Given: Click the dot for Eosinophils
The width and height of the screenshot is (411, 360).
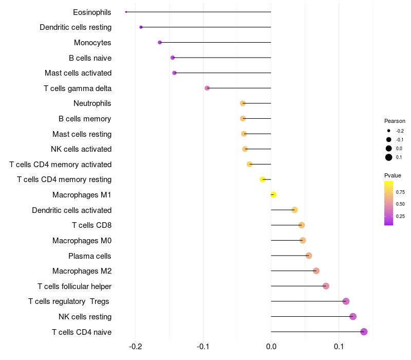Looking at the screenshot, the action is coord(126,12).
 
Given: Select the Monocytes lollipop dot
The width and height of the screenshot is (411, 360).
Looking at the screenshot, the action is coord(160,43).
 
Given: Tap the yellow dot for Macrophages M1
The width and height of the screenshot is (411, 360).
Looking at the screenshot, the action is coord(273,195).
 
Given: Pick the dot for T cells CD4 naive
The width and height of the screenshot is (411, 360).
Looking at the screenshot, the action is coord(364,332).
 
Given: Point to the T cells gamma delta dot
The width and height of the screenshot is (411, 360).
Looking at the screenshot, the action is coord(207,88).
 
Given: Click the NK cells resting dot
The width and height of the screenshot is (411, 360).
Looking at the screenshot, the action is coord(353,317).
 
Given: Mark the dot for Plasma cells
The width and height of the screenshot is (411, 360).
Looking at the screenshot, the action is coord(309,256).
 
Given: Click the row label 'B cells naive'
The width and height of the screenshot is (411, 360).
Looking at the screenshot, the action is coord(90,58).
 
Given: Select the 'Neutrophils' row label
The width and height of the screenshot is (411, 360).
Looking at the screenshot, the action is coord(92,103).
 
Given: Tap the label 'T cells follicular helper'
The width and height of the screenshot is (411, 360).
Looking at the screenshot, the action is coord(74,286).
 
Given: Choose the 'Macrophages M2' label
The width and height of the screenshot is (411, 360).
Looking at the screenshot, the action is coord(82,271).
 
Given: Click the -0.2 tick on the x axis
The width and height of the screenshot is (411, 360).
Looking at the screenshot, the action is coord(135,347).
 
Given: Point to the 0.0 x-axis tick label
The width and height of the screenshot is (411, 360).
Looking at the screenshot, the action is coord(271,347).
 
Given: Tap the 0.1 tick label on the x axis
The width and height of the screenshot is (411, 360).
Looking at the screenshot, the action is coord(339,347).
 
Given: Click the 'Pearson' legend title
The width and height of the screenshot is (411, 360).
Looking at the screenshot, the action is coord(395,121).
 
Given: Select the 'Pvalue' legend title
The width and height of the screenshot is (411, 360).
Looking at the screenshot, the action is coord(393,175).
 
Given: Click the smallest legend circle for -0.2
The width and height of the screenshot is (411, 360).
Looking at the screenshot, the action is coord(389,131).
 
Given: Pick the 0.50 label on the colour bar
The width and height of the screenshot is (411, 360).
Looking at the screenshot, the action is coord(400,204).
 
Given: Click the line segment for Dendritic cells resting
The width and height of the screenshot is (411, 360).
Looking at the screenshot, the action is coord(206,27).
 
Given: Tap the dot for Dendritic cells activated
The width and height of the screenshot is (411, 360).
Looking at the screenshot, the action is coord(294,210).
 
